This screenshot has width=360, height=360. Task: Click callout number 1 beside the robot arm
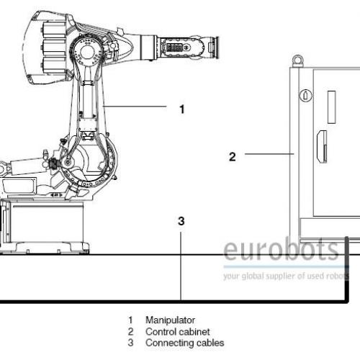tap(182, 109)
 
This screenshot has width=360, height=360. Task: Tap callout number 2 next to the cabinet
tap(233, 157)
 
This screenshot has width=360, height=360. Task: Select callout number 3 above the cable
tap(181, 221)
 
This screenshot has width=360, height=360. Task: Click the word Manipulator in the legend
tap(170, 320)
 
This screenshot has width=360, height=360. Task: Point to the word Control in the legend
tap(159, 332)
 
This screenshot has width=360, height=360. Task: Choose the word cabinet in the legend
tap(193, 332)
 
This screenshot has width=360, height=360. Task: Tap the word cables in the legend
tap(208, 343)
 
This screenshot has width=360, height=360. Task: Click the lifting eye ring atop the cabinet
tap(297, 59)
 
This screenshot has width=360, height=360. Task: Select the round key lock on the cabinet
tap(306, 96)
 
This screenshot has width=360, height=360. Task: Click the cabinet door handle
tap(322, 147)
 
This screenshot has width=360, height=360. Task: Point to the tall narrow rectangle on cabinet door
tap(331, 107)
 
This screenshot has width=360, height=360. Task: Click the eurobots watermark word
tap(281, 250)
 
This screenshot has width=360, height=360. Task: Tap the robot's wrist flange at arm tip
tap(215, 48)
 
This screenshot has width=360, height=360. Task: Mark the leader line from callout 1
tap(135, 106)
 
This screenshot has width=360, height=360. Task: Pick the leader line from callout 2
tap(269, 154)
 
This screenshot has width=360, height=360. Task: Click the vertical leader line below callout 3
tap(181, 266)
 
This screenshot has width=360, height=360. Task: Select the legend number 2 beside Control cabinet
tap(130, 332)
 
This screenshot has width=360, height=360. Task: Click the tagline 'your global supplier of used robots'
tap(286, 276)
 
